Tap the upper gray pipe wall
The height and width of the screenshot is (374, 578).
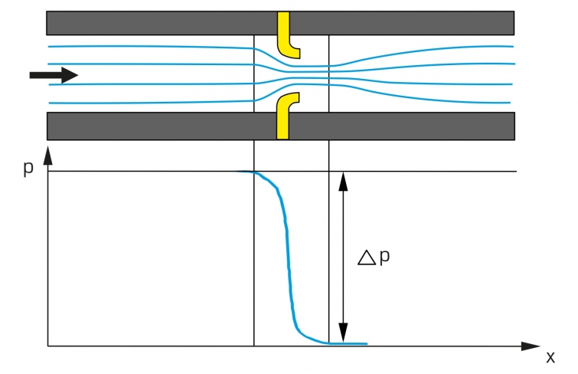click(x=153, y=22)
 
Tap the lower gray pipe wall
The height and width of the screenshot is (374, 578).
click(x=153, y=125)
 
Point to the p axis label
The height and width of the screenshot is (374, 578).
click(x=28, y=168)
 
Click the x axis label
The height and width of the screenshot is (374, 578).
click(x=550, y=357)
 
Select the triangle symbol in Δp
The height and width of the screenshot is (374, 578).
click(x=367, y=258)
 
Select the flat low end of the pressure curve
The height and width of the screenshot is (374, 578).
click(x=348, y=343)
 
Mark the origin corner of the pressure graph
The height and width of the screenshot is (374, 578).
click(x=47, y=346)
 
